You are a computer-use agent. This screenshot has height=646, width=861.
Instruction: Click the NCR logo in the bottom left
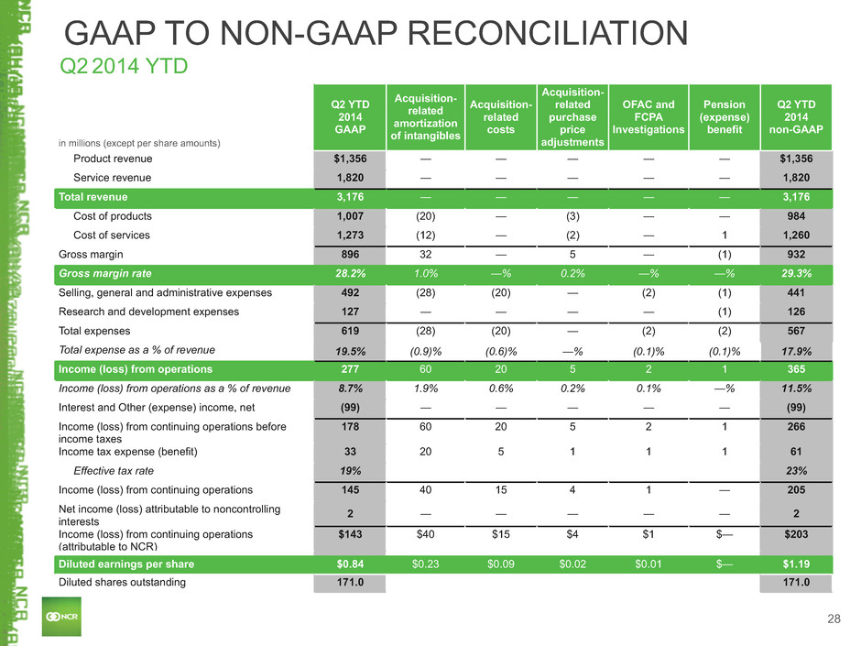tap(61, 617)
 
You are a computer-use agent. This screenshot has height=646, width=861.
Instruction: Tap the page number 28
tap(834, 619)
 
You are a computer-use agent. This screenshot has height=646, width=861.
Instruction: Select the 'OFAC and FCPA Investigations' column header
tap(648, 117)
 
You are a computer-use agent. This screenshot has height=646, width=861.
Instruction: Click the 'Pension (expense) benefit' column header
tap(725, 117)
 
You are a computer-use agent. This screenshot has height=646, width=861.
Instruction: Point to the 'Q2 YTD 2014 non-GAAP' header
tap(796, 117)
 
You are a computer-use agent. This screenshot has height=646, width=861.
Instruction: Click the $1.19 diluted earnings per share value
tap(796, 564)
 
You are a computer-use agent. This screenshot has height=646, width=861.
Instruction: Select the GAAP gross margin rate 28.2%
tap(350, 274)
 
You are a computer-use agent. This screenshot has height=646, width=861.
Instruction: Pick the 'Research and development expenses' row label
tap(148, 312)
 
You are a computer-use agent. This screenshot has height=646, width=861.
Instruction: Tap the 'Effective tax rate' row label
tap(114, 471)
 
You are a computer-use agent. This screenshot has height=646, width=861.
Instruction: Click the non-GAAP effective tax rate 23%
tap(796, 471)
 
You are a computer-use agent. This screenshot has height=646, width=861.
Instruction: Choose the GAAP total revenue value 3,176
tap(350, 197)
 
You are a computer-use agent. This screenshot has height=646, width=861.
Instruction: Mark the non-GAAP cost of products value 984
tap(796, 216)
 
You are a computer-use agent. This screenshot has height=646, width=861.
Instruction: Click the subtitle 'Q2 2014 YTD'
tap(124, 66)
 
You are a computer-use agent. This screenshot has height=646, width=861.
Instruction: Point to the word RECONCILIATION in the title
tap(548, 33)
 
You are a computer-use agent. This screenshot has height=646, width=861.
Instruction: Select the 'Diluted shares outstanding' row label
tap(122, 582)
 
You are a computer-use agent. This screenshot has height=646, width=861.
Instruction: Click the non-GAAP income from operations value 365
tap(796, 369)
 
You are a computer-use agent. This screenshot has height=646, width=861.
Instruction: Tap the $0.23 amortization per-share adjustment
tap(426, 564)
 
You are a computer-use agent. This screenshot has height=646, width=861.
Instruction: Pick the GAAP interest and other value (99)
tap(350, 408)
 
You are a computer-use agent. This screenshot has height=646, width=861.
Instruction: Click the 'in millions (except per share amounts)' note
tap(139, 143)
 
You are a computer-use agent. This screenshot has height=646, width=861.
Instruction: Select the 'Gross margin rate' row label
tap(105, 274)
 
